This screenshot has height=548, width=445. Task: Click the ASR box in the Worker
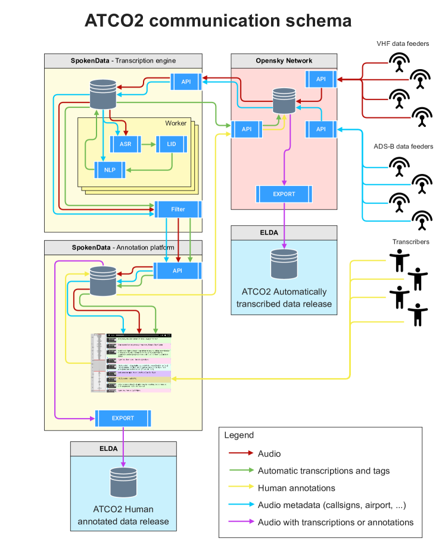point(125,144)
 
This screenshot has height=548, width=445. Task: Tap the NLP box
point(111,170)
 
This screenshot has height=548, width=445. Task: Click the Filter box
point(178,209)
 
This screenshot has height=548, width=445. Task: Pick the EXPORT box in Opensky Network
point(284,194)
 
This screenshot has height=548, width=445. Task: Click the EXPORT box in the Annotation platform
point(123,418)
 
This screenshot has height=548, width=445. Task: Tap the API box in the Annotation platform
point(177,270)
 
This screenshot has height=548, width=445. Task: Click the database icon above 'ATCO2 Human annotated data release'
point(123,482)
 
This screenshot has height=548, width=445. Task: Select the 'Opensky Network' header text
point(284,60)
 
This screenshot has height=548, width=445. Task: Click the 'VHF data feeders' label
point(403,43)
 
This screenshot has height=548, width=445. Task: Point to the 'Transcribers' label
point(410,242)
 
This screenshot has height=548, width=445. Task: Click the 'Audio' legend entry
point(269,454)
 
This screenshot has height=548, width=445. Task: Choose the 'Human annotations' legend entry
point(296,488)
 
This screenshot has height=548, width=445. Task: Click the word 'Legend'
point(239,435)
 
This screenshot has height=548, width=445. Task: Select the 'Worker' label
point(175,123)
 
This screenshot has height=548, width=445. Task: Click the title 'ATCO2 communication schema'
point(218,21)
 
